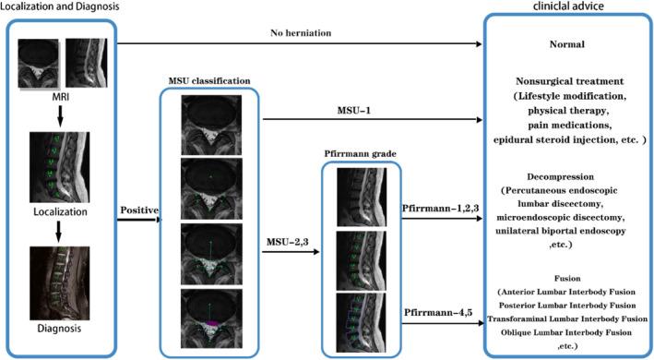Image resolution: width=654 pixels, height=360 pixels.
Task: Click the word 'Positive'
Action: pos(138,210)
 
